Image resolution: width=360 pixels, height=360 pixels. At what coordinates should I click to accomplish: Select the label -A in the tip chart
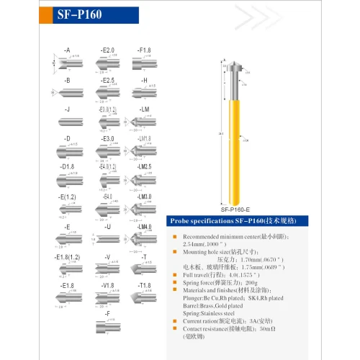(x=66, y=50)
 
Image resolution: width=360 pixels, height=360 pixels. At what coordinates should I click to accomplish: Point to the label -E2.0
(x=107, y=50)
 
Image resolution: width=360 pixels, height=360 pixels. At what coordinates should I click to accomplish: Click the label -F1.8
(x=144, y=50)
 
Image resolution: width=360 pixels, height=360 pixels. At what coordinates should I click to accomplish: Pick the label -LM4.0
(x=144, y=227)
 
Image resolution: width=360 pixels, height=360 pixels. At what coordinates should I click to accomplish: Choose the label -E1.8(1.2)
(x=67, y=256)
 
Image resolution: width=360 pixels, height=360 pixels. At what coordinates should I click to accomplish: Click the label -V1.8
(x=107, y=286)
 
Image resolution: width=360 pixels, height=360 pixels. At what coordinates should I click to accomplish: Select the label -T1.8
(x=144, y=286)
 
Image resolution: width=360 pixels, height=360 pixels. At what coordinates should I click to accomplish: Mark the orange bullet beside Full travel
(x=175, y=275)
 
